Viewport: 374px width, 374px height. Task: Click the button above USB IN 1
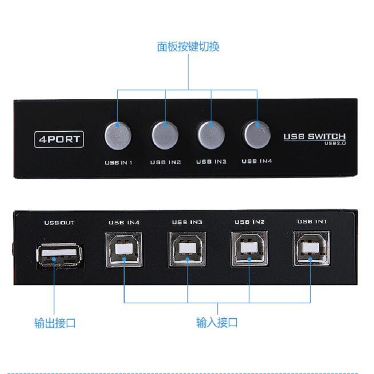[x=118, y=135]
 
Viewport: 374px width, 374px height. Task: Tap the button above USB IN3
[x=210, y=134]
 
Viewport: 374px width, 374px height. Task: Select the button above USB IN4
[x=256, y=134]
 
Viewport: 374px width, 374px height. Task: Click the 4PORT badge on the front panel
[x=59, y=139]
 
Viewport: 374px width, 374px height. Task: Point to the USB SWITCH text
[x=314, y=137]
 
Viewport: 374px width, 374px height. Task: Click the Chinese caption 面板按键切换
[x=188, y=47]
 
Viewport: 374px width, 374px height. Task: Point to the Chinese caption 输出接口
[x=55, y=323]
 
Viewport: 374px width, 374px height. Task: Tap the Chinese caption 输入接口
[x=217, y=323]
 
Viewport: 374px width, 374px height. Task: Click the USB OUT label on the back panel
[x=59, y=222]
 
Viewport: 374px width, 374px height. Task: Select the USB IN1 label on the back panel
[x=312, y=221]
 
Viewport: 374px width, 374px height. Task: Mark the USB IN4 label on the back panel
[x=124, y=222]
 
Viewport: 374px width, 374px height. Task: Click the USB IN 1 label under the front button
[x=118, y=162]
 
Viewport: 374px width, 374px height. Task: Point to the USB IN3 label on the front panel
[x=211, y=162]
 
